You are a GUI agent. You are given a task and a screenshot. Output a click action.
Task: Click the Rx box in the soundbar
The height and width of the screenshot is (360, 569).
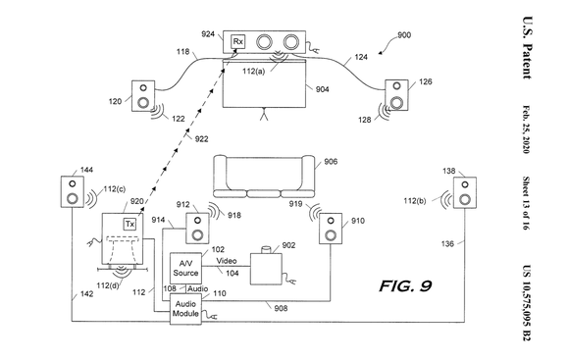pyautogui.click(x=238, y=41)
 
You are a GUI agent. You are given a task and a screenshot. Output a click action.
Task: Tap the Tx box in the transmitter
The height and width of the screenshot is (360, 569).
pyautogui.click(x=129, y=225)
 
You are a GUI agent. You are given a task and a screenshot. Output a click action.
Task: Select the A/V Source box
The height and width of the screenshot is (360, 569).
pyautogui.click(x=185, y=267)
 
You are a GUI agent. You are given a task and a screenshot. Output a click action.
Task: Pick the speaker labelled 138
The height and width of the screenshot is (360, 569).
pyautogui.click(x=464, y=193)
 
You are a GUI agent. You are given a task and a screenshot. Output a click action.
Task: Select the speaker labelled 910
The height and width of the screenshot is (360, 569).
pyautogui.click(x=329, y=229)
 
